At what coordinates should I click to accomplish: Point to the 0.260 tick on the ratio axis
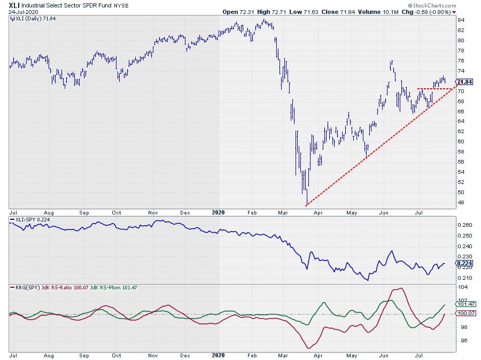coord(465,225)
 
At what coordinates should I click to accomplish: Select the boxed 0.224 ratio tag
coord(464,263)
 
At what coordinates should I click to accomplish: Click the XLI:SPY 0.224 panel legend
coord(32,220)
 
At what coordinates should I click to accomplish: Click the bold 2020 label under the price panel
coord(219,212)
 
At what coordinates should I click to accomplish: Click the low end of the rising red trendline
coord(306,205)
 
